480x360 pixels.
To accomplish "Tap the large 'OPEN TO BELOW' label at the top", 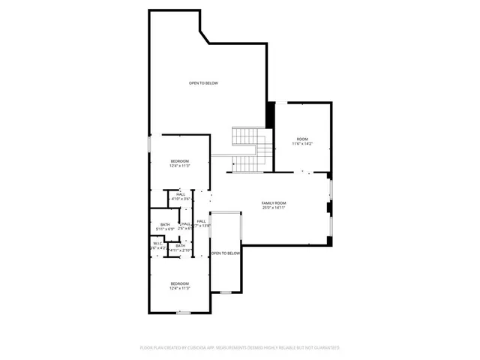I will click(x=203, y=82).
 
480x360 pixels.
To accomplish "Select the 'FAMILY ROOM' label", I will click(x=274, y=203).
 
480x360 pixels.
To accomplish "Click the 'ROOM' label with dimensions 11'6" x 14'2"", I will click(x=302, y=139).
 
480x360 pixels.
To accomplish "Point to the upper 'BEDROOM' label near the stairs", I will click(x=179, y=161).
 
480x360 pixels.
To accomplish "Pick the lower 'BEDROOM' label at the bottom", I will click(x=179, y=283).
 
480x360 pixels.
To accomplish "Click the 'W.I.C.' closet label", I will click(x=157, y=243).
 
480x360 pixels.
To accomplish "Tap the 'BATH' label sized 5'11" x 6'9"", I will click(x=165, y=224).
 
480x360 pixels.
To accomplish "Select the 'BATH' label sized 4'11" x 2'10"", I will click(x=180, y=245).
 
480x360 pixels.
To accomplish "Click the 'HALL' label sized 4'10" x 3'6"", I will click(x=181, y=194).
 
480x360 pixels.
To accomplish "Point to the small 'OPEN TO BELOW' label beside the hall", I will click(x=226, y=253).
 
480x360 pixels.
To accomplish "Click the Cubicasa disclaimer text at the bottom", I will click(x=240, y=347).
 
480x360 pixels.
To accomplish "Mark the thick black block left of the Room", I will click(x=272, y=115).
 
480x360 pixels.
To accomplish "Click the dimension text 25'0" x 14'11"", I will click(x=274, y=208).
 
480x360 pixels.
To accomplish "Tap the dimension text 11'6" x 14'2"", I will click(x=302, y=144).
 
